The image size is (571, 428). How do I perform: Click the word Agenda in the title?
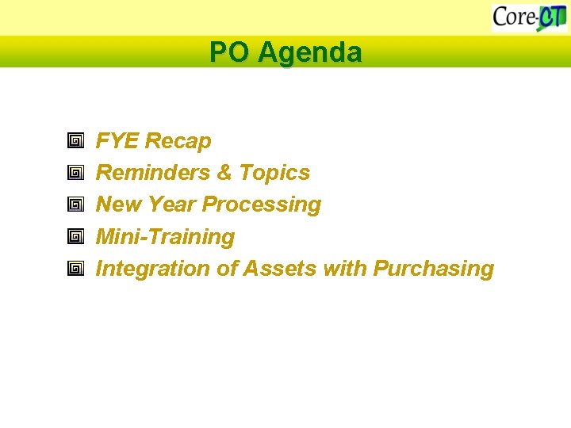pyautogui.click(x=309, y=53)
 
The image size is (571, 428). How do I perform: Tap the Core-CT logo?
pyautogui.click(x=529, y=17)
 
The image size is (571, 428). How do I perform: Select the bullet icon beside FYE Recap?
pyautogui.click(x=75, y=142)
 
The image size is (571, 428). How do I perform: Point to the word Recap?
pyautogui.click(x=178, y=141)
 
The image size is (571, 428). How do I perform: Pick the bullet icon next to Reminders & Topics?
pyautogui.click(x=75, y=174)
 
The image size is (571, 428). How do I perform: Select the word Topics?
pyautogui.click(x=274, y=173)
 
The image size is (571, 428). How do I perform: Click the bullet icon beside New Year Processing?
pyautogui.click(x=75, y=205)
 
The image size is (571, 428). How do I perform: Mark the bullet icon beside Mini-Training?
pyautogui.click(x=75, y=237)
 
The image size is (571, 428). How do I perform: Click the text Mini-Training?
pyautogui.click(x=165, y=237)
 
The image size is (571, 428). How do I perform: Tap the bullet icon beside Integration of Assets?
pyautogui.click(x=75, y=269)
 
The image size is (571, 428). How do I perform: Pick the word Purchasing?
pyautogui.click(x=434, y=269)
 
